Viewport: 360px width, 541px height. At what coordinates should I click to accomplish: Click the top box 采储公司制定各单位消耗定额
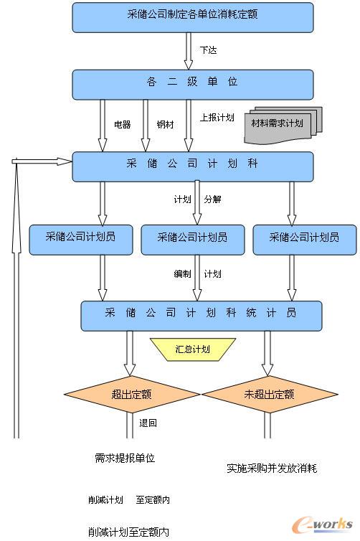[x=192, y=17]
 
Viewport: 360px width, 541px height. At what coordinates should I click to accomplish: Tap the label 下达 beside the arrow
[x=208, y=50]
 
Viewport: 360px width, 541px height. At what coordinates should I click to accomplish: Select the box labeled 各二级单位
[x=192, y=84]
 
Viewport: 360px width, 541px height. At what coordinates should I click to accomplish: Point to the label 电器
[x=123, y=124]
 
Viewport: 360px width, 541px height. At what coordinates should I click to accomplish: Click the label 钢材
[x=165, y=124]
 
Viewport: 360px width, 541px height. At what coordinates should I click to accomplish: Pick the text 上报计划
[x=217, y=118]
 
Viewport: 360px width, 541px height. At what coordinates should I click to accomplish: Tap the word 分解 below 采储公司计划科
[x=212, y=199]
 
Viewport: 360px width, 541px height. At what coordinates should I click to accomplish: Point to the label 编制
[x=182, y=274]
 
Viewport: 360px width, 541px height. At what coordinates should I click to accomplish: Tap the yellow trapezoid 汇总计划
[x=193, y=349]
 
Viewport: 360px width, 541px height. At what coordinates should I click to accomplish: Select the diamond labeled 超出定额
[x=131, y=394]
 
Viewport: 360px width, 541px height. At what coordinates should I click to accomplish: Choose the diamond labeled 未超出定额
[x=269, y=394]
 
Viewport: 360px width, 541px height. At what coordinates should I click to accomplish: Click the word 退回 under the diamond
[x=148, y=423]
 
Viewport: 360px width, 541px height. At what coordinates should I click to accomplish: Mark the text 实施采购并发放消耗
[x=271, y=469]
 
